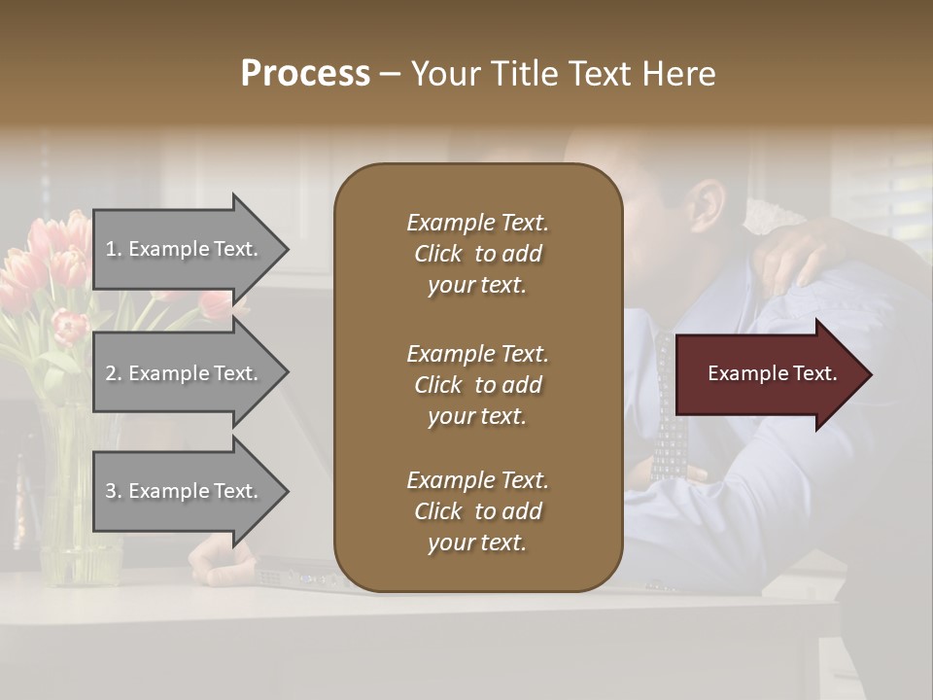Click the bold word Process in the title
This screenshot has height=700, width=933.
(305, 74)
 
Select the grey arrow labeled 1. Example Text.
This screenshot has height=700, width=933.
(185, 249)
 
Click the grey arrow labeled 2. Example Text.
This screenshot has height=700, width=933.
(185, 373)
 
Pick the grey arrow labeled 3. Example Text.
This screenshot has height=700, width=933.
(185, 491)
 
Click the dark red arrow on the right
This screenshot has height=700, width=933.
(768, 374)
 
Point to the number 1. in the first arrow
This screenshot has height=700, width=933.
(113, 249)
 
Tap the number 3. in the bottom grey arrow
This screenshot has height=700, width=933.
(113, 491)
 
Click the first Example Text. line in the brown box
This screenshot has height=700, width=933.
(477, 223)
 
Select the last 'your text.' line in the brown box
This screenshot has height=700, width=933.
(477, 542)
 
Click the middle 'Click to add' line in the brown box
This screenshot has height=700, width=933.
(477, 385)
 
